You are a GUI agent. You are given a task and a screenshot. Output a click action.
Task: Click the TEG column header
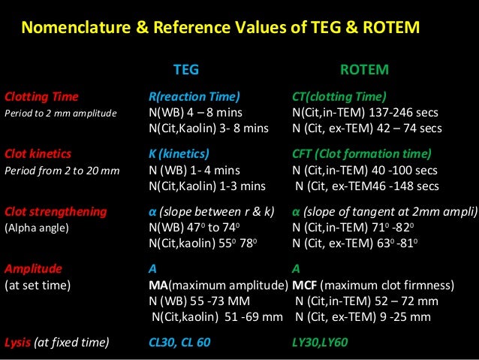pos(186,70)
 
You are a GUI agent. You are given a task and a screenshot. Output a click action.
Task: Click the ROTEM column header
pos(364,70)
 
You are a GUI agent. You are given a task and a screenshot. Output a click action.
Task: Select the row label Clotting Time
pos(42,97)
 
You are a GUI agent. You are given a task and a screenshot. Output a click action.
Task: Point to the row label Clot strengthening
pos(56,211)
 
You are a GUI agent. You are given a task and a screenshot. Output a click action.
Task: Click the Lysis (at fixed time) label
pos(57,343)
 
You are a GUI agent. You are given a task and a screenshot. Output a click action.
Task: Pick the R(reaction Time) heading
pos(194,97)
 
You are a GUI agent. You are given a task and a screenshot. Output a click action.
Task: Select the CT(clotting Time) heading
pos(339,97)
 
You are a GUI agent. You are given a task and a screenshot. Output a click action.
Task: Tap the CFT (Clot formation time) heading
pos(361,155)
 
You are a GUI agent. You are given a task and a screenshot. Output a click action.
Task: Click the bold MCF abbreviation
pos(306,286)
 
